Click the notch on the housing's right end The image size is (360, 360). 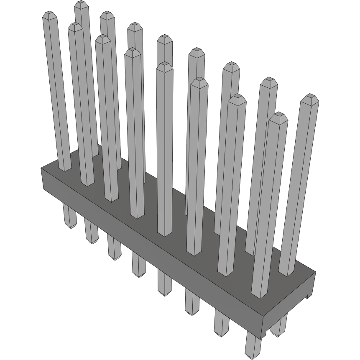tap(307, 296)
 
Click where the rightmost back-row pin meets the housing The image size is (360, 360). tap(286, 273)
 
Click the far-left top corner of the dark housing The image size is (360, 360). tap(41, 168)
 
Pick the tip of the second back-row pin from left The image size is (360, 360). tap(107, 15)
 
